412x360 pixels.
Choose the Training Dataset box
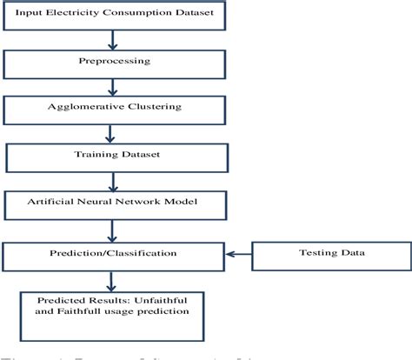pyautogui.click(x=112, y=157)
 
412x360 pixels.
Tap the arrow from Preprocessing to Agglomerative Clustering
pyautogui.click(x=111, y=87)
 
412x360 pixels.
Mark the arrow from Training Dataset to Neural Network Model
pyautogui.click(x=111, y=182)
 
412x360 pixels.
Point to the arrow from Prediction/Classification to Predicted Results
pyautogui.click(x=110, y=279)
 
